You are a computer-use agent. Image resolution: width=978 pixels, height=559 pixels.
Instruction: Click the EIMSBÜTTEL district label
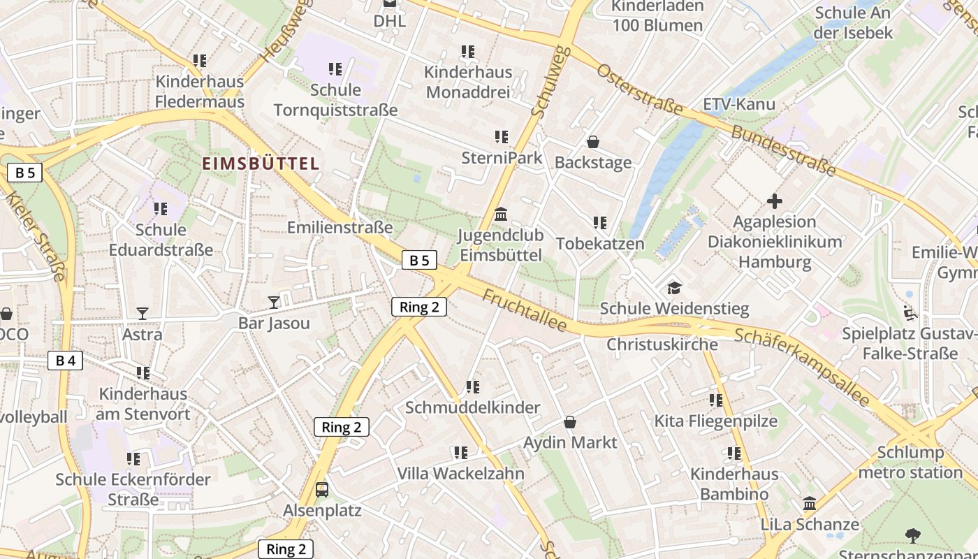click(261, 164)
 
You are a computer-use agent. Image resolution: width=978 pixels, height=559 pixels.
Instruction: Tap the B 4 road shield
click(66, 361)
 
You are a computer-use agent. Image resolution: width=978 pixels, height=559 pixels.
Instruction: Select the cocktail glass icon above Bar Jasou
click(274, 302)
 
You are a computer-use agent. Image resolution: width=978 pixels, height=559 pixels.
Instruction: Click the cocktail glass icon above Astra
click(143, 313)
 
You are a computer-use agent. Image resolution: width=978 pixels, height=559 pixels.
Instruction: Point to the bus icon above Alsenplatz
click(322, 489)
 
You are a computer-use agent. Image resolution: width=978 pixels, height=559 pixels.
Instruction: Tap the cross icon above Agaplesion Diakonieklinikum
click(774, 201)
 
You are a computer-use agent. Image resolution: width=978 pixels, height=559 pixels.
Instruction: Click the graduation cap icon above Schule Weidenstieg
click(674, 287)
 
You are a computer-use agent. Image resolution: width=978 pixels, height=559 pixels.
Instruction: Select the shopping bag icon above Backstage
click(593, 142)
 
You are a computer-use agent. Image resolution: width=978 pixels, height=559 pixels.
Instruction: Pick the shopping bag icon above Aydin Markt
click(570, 422)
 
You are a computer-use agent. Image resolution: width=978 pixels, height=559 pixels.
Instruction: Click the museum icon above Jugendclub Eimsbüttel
click(501, 215)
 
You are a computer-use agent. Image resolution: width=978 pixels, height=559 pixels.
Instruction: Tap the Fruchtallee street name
click(524, 311)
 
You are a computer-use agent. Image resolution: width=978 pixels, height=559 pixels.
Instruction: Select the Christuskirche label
click(662, 344)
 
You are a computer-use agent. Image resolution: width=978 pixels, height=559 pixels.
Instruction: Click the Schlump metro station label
click(910, 462)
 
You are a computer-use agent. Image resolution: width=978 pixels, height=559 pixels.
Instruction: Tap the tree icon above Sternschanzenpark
click(912, 535)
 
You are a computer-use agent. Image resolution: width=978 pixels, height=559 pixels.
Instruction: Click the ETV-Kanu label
click(739, 105)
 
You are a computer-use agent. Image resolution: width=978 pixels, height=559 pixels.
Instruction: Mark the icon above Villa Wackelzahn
click(460, 453)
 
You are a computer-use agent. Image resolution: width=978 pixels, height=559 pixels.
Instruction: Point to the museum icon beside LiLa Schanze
click(810, 503)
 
